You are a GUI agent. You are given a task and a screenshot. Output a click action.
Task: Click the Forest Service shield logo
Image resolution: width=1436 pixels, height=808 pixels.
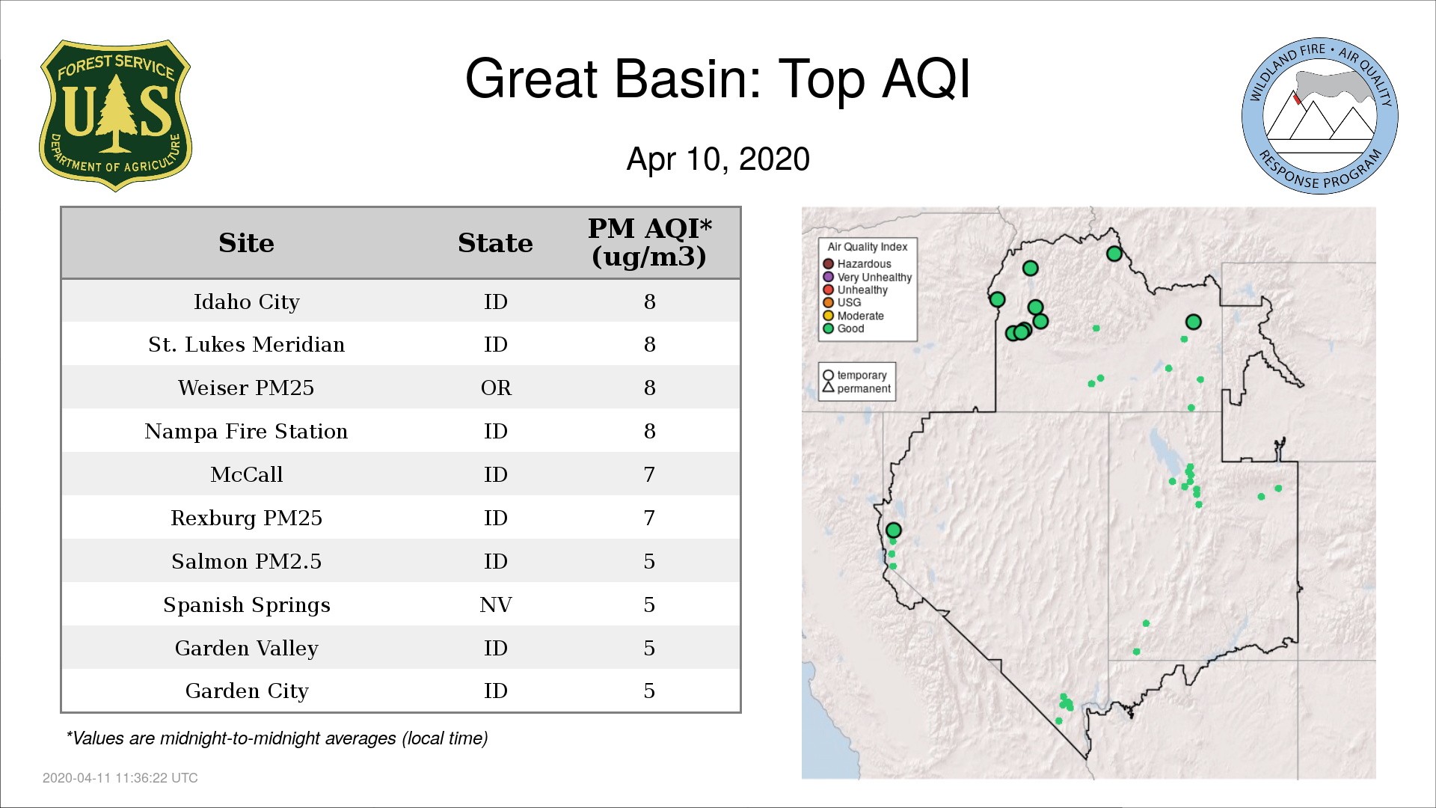click(115, 116)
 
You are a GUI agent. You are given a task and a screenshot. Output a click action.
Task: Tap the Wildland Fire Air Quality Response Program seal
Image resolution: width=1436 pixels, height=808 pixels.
click(1320, 116)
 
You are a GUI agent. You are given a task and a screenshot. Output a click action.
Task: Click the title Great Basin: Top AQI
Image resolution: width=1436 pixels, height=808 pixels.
click(718, 79)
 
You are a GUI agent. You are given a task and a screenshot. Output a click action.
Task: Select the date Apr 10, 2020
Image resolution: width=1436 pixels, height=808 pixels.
click(718, 159)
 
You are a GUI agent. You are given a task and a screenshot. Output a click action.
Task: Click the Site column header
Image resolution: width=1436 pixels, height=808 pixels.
click(246, 243)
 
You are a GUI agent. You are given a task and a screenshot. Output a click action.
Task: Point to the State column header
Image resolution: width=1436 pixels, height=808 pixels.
click(495, 243)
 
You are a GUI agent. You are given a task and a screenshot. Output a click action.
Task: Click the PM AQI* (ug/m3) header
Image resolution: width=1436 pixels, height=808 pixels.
click(649, 242)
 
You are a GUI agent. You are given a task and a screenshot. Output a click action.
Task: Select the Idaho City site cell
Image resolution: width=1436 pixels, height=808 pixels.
click(246, 302)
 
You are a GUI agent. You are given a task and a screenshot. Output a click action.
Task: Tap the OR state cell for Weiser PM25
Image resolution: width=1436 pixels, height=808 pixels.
click(496, 388)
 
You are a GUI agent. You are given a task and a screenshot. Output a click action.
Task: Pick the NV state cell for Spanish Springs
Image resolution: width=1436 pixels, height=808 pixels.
click(496, 605)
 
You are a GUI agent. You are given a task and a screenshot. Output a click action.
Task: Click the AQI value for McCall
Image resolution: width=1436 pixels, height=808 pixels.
click(649, 474)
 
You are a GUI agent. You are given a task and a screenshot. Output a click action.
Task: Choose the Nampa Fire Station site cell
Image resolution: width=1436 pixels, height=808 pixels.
click(246, 431)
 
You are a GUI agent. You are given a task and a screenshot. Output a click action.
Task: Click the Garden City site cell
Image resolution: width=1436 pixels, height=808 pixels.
click(246, 691)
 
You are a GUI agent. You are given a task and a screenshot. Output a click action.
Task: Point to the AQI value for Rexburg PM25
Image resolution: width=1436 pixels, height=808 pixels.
click(649, 518)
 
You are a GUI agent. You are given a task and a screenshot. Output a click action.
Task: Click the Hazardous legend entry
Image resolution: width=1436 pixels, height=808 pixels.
click(857, 263)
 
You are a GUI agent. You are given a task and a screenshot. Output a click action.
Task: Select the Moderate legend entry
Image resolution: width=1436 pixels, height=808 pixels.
click(853, 316)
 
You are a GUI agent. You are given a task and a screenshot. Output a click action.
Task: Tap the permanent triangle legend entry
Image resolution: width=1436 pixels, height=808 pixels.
click(856, 388)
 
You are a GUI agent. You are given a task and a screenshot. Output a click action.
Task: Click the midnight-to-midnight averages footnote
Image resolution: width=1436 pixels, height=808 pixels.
click(277, 738)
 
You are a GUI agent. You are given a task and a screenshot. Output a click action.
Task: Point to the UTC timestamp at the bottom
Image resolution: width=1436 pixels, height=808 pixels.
click(120, 778)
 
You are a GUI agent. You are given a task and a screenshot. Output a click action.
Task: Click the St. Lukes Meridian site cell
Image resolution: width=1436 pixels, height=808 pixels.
click(246, 344)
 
